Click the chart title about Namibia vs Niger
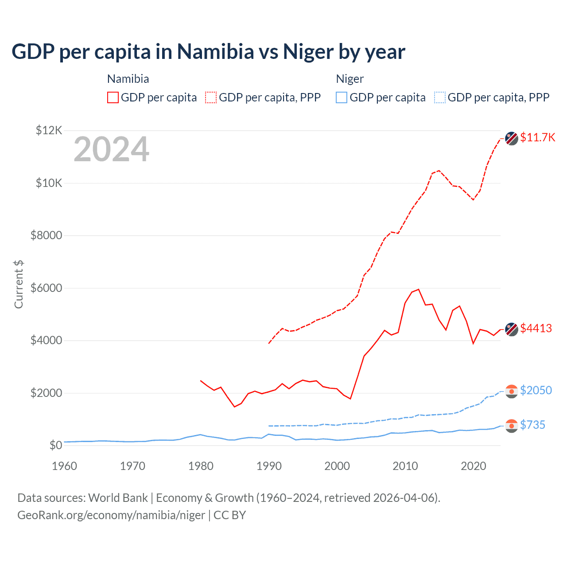click(208, 51)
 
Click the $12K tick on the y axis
click(49, 130)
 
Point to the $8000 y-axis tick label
click(46, 235)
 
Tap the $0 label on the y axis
click(55, 445)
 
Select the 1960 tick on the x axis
click(65, 466)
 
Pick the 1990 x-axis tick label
click(269, 466)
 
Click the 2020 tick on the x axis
click(474, 466)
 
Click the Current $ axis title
click(19, 284)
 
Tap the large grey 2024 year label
click(112, 150)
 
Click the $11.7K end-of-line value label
click(537, 137)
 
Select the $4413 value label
click(536, 328)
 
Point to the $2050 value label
click(536, 390)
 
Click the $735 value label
click(532, 425)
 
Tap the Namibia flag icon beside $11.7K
click(512, 138)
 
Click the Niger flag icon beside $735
click(512, 426)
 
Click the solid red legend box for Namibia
click(113, 97)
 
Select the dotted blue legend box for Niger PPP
click(440, 97)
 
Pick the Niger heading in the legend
click(350, 79)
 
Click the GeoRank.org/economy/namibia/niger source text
click(111, 515)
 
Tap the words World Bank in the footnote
click(118, 498)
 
